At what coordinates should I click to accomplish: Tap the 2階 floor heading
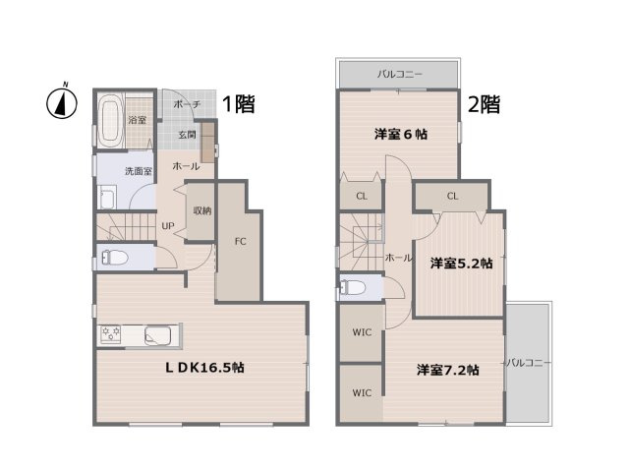click(485, 104)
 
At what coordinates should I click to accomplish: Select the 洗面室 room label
click(138, 171)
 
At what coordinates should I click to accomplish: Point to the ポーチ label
click(186, 104)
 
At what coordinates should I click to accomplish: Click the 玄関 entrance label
click(187, 135)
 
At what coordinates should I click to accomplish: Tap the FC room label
click(239, 240)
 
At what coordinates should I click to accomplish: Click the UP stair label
click(168, 224)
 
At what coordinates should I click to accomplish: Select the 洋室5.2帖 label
click(460, 263)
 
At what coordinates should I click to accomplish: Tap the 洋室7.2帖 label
click(447, 370)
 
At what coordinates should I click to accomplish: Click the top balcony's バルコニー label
click(400, 74)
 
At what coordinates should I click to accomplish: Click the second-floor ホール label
click(399, 257)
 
